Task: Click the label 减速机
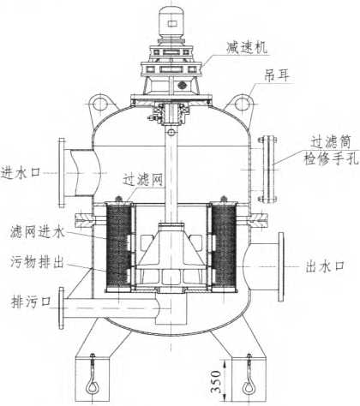point(247,48)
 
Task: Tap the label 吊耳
point(277,75)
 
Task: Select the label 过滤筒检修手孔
point(331,150)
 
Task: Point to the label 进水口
point(21,172)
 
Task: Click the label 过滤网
point(143,180)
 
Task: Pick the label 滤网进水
point(38,231)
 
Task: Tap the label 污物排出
point(37,261)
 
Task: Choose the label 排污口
point(31,302)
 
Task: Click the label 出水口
point(325,266)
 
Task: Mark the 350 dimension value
point(216,381)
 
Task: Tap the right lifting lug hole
point(242,103)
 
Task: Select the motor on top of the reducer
point(171,22)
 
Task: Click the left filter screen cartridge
point(119,247)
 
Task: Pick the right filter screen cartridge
point(224,247)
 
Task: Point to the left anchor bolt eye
point(93,387)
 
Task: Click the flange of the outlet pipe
point(281,267)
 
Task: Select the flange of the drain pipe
point(61,308)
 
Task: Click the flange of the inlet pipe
point(62,172)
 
